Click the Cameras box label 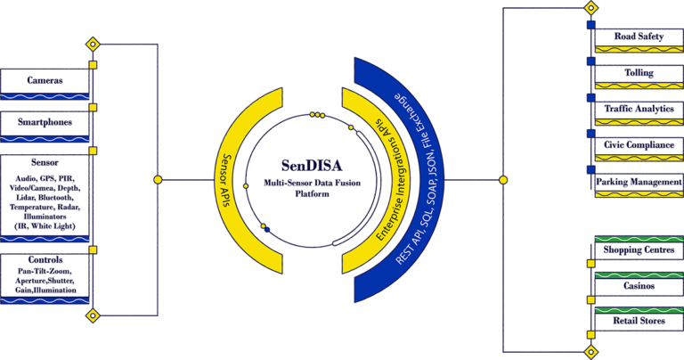coord(45,80)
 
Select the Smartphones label coord(45,122)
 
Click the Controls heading coord(45,259)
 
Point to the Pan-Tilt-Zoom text coord(45,272)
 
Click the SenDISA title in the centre coord(312,166)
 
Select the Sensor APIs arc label coord(226,180)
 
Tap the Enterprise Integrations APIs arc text coord(387,179)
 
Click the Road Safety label coord(639,37)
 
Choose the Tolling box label coord(639,72)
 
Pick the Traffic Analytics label coord(639,109)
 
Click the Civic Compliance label coord(639,145)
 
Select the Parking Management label coord(639,182)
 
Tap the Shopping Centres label coord(639,250)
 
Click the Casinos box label coord(639,286)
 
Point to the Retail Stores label coord(639,321)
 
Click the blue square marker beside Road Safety coord(591,25)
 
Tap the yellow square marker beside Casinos coord(591,299)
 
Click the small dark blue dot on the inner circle coord(267,230)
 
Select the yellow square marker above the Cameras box coord(93,65)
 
